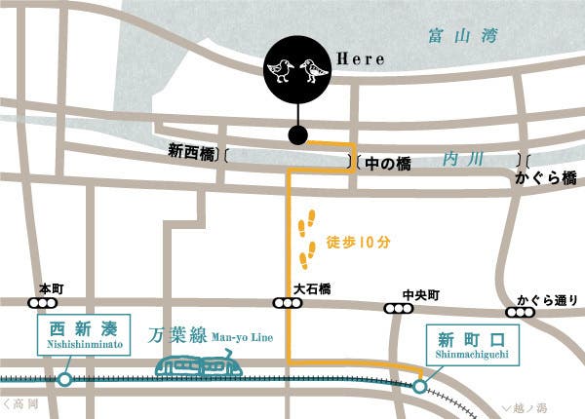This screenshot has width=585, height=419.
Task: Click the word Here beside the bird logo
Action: point(360,59)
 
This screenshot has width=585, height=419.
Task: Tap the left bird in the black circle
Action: point(282,70)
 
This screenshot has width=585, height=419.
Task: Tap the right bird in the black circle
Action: point(314,70)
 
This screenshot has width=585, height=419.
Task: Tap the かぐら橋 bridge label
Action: point(547,178)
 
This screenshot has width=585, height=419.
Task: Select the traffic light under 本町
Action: point(43,303)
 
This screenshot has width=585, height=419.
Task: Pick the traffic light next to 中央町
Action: point(397,309)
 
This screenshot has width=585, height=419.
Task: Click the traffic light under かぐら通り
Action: point(520,313)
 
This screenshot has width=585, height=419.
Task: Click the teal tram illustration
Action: point(200,366)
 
